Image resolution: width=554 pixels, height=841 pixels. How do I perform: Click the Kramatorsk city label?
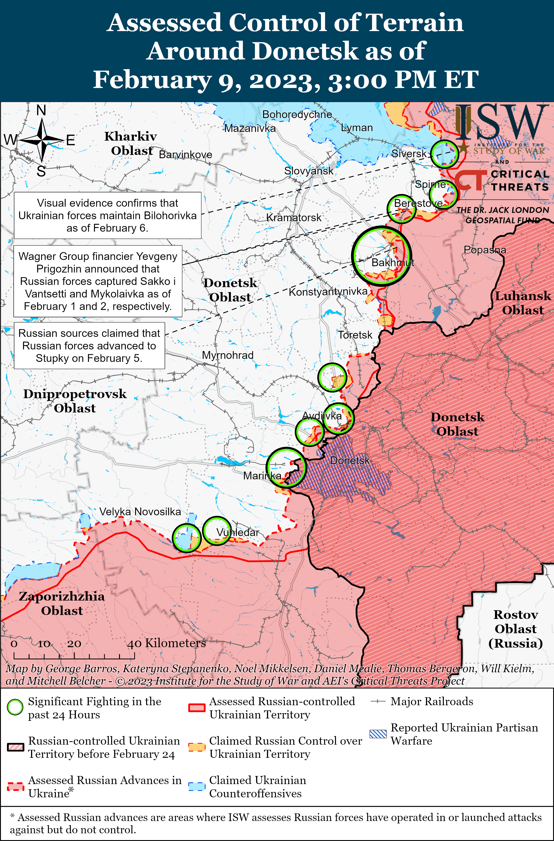[294, 218]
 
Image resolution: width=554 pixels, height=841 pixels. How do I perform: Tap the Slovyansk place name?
[309, 171]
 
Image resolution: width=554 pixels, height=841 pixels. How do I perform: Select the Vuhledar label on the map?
[238, 532]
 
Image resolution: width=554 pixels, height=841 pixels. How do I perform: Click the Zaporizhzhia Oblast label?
[62, 603]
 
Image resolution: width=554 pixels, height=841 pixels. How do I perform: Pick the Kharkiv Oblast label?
[131, 143]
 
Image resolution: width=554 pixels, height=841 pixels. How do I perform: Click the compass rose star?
[42, 140]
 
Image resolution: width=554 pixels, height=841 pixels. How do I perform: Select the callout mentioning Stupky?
[89, 346]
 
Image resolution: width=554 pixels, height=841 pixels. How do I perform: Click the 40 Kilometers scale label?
[166, 643]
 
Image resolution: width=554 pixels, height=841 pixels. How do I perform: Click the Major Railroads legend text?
[431, 701]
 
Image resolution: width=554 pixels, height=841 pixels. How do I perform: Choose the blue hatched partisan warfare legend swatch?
[378, 734]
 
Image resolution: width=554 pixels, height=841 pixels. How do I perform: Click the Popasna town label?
[485, 250]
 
